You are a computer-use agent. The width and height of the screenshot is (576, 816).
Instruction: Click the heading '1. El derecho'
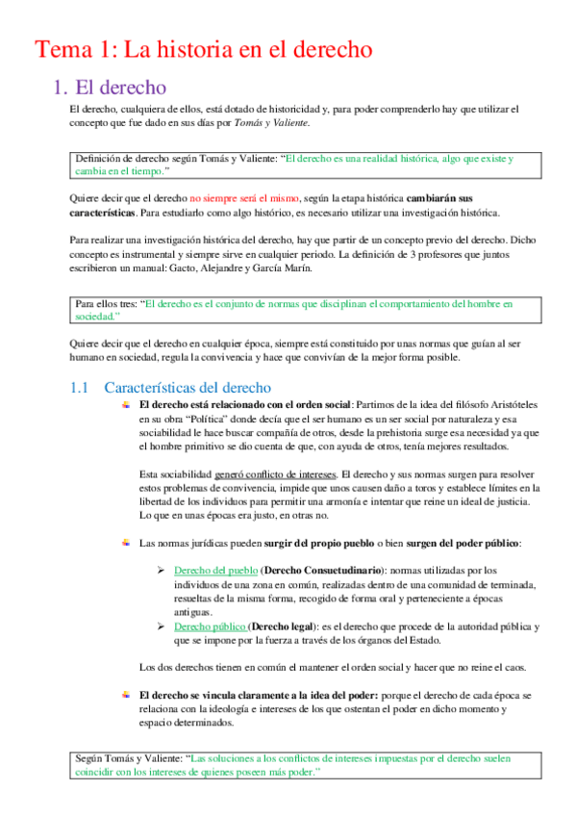tap(111, 88)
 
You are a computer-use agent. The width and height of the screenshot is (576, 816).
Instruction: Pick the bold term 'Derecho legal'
tap(288, 625)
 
